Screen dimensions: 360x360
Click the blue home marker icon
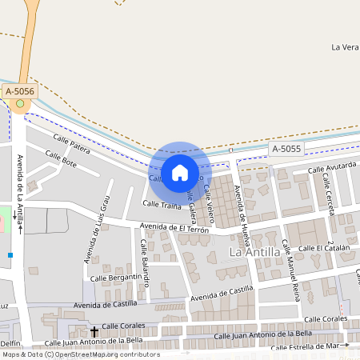(180, 173)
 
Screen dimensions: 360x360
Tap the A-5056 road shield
(20, 92)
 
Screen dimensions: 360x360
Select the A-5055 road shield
(286, 149)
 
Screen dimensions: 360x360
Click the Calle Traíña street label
(162, 205)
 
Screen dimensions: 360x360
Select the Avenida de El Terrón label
(174, 229)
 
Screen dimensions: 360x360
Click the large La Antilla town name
(254, 252)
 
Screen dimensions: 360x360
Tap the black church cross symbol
(94, 331)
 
